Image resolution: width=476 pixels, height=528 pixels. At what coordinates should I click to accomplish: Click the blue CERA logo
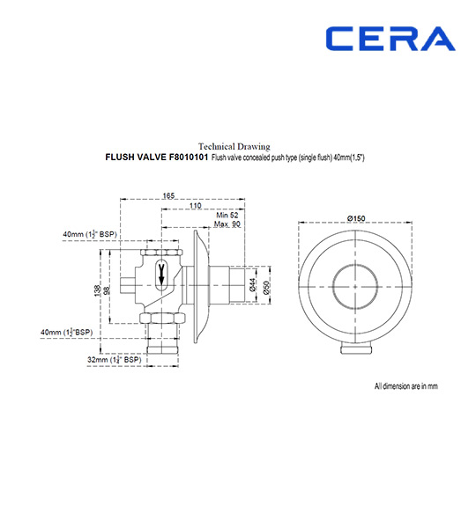tap(390, 39)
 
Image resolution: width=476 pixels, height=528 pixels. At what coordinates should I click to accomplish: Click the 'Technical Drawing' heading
tap(234, 146)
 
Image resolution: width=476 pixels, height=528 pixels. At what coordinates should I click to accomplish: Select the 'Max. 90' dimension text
tap(229, 224)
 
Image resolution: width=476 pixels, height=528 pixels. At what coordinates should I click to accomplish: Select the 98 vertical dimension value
tap(108, 290)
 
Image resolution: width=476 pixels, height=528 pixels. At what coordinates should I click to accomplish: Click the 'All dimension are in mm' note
tap(406, 385)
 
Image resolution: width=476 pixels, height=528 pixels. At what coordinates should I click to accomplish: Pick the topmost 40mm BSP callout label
tap(90, 234)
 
